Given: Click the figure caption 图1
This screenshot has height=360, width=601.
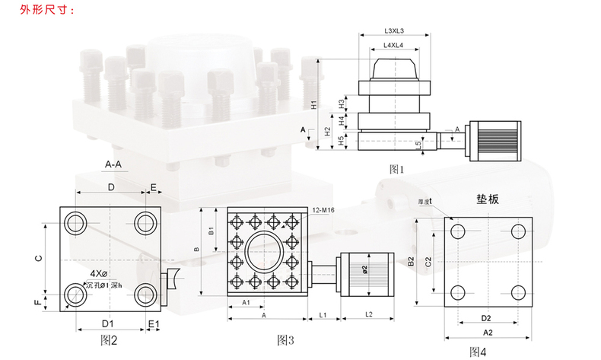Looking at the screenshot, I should coord(396,167).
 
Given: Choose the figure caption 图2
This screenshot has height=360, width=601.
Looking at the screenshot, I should coord(110,339).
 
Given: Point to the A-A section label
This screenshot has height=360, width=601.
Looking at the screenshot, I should coord(115,164).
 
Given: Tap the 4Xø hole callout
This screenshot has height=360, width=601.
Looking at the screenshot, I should coord(100,272).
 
